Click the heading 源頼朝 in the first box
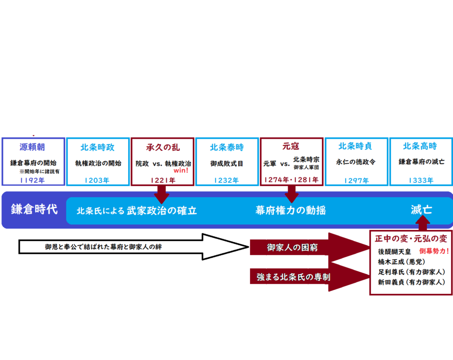[x=33, y=147]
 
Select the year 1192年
[x=33, y=180]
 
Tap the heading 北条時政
[x=98, y=147]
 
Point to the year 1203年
[x=98, y=180]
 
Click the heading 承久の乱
[x=162, y=147]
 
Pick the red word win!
[x=181, y=170]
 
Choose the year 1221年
[x=162, y=180]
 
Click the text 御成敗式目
[x=227, y=163]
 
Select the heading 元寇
[x=291, y=147]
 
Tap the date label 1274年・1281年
[x=291, y=180]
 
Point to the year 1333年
[x=420, y=180]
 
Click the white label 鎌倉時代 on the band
[x=34, y=210]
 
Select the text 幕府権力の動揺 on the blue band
[x=291, y=210]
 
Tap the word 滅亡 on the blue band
[x=421, y=210]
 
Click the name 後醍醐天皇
[x=395, y=252]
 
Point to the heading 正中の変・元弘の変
[x=411, y=239]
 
